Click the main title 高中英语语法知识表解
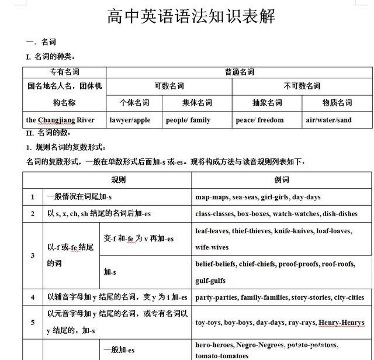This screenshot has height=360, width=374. tap(191, 16)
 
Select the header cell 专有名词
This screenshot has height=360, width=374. tap(64, 72)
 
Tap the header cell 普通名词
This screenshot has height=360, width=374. tap(239, 72)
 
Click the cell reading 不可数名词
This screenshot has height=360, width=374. tap(302, 86)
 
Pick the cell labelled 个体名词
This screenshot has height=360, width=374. tap(134, 103)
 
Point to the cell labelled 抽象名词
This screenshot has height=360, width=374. tap(267, 103)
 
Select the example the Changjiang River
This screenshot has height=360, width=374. tap(60, 120)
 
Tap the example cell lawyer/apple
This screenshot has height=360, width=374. tap(130, 120)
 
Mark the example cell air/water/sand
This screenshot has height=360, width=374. tap(328, 120)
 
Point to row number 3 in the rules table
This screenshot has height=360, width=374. tap(33, 255)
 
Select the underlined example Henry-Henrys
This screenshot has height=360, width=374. tap(342, 323)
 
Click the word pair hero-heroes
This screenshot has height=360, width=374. tap(213, 345)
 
